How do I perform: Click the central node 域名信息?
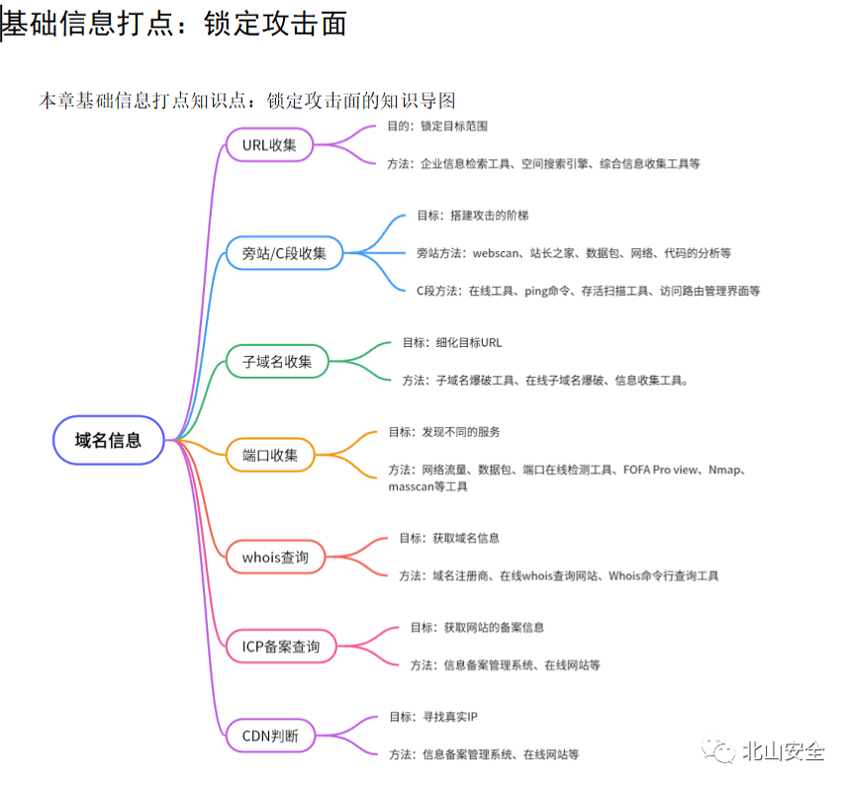tap(108, 440)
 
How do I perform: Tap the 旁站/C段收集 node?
tap(291, 253)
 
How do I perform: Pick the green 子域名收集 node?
tap(277, 361)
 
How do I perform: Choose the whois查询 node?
tap(275, 557)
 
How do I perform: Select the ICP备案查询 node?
tap(281, 647)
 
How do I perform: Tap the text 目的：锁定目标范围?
tap(437, 127)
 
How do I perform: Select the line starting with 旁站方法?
tap(574, 253)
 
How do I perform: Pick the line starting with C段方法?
tap(588, 291)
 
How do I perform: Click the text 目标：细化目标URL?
tap(452, 342)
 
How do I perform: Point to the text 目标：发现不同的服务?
tap(444, 432)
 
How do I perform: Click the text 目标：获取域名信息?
tap(449, 538)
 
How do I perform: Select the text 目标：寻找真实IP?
tap(434, 717)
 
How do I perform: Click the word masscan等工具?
tap(428, 486)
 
